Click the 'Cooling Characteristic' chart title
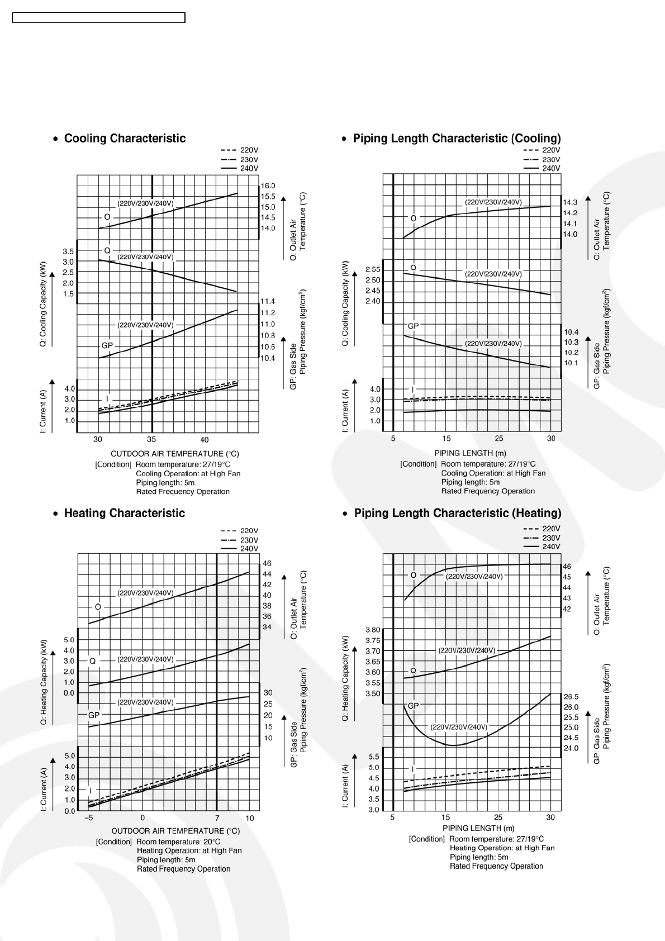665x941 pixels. [x=125, y=139]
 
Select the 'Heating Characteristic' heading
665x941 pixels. [x=124, y=513]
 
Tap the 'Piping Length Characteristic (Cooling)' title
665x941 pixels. [x=457, y=139]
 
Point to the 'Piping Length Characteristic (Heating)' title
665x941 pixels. [x=458, y=513]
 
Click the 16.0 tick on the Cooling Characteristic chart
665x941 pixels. [x=268, y=186]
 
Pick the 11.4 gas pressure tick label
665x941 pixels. [x=268, y=302]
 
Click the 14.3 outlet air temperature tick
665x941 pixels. [x=570, y=202]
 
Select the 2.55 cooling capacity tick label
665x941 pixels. [x=373, y=269]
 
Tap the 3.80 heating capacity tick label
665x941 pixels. [x=373, y=630]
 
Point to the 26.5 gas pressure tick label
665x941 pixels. [x=571, y=697]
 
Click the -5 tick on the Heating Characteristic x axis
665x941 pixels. [x=88, y=819]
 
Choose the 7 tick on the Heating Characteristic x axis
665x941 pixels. [x=217, y=819]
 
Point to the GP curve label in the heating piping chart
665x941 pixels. [x=413, y=706]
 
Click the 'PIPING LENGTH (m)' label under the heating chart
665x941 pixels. [x=478, y=828]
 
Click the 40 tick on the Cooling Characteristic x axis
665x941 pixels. [x=205, y=440]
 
